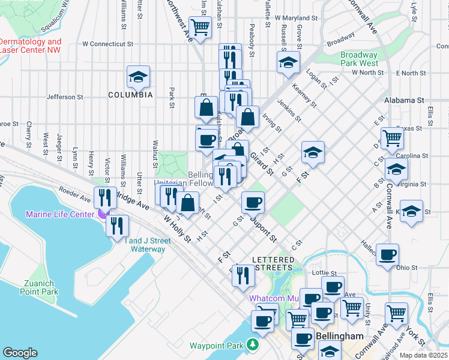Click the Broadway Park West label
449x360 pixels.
point(359,58)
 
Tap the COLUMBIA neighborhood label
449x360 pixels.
point(130,95)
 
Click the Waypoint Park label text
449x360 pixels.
point(217,346)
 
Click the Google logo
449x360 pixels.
point(20,353)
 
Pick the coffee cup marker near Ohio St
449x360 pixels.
point(387,254)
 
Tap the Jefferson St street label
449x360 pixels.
point(65,97)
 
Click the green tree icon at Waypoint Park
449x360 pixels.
point(255,346)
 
